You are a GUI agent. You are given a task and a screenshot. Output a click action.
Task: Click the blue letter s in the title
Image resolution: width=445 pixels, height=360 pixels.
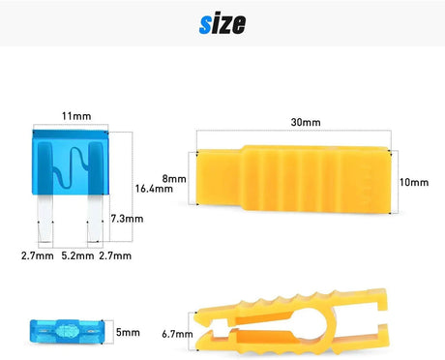[205, 26]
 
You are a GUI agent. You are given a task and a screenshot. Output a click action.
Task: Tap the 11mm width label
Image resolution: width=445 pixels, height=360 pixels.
[76, 116]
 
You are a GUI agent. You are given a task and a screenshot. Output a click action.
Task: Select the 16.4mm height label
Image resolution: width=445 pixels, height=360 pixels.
[154, 189]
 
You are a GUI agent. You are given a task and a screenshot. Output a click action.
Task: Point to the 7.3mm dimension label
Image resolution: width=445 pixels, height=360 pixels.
[127, 219]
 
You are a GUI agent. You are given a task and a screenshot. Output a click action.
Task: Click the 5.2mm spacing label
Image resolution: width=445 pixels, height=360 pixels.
[77, 256]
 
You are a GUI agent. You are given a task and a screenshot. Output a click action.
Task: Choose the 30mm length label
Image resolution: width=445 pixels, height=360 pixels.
[306, 122]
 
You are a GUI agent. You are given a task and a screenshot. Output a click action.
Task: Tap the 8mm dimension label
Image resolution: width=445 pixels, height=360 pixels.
[174, 179]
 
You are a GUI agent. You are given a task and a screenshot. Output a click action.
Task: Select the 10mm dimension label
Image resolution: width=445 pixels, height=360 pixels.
[414, 182]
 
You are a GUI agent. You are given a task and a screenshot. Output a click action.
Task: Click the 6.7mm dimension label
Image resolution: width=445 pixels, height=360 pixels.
[177, 334]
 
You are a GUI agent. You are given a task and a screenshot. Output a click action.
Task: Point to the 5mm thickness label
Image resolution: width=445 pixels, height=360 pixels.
[128, 332]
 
